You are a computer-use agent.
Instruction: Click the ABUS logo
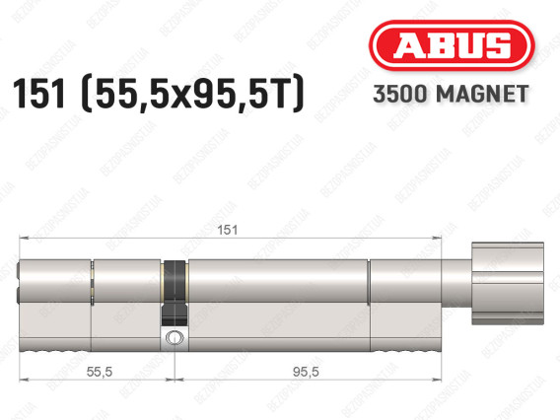pyautogui.click(x=452, y=45)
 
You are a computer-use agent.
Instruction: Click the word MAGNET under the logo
pyautogui.click(x=482, y=94)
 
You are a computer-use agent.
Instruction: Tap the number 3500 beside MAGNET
pyautogui.click(x=400, y=94)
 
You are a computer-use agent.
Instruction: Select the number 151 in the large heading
pyautogui.click(x=38, y=94)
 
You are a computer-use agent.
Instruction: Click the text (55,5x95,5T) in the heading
pyautogui.click(x=193, y=94)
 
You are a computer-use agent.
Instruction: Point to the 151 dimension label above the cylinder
pyautogui.click(x=228, y=230)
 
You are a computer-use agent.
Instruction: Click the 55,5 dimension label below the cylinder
pyautogui.click(x=100, y=372)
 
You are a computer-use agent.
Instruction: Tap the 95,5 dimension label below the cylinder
pyautogui.click(x=306, y=372)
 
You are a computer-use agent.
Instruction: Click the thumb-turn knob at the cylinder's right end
pyautogui.click(x=508, y=283)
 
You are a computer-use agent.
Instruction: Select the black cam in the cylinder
pyautogui.click(x=175, y=293)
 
